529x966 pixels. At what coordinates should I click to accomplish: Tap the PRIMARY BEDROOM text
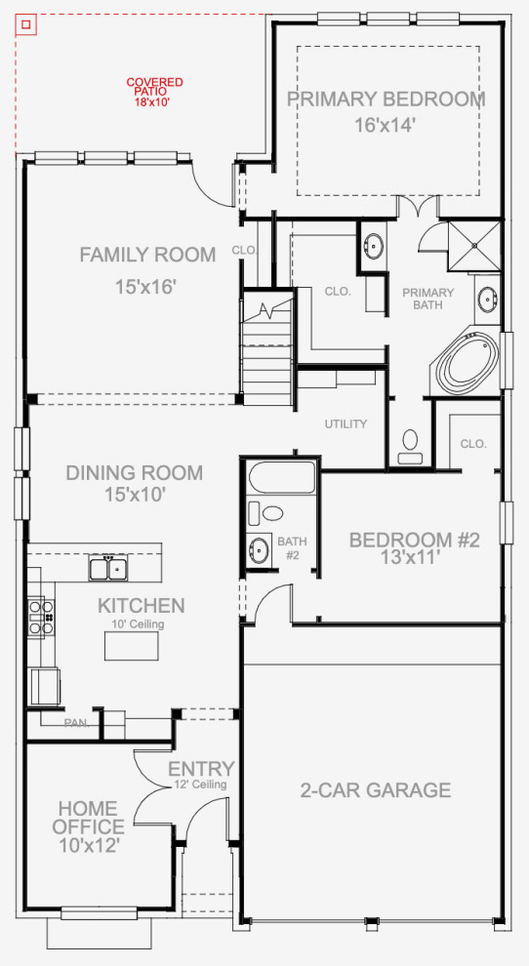pos(386,100)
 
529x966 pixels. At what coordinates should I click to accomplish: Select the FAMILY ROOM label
pos(147,256)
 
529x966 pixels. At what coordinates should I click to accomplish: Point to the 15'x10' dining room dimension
pos(135,495)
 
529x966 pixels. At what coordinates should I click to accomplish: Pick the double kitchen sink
pos(108,567)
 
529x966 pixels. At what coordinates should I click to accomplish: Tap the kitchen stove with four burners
pos(40,617)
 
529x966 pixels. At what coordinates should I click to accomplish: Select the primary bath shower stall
pos(473,245)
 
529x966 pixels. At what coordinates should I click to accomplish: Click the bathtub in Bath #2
pos(282,478)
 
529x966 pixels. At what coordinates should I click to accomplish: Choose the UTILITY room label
pos(346,424)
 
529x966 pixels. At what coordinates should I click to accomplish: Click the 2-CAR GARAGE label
pos(376,790)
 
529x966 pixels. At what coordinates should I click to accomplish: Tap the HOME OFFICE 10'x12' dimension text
pos(88,846)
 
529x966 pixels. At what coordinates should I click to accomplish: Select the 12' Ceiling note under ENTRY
pos(201,785)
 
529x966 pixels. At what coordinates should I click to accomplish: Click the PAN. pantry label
pos(76,723)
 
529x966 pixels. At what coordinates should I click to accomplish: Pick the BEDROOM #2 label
pos(415,540)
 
